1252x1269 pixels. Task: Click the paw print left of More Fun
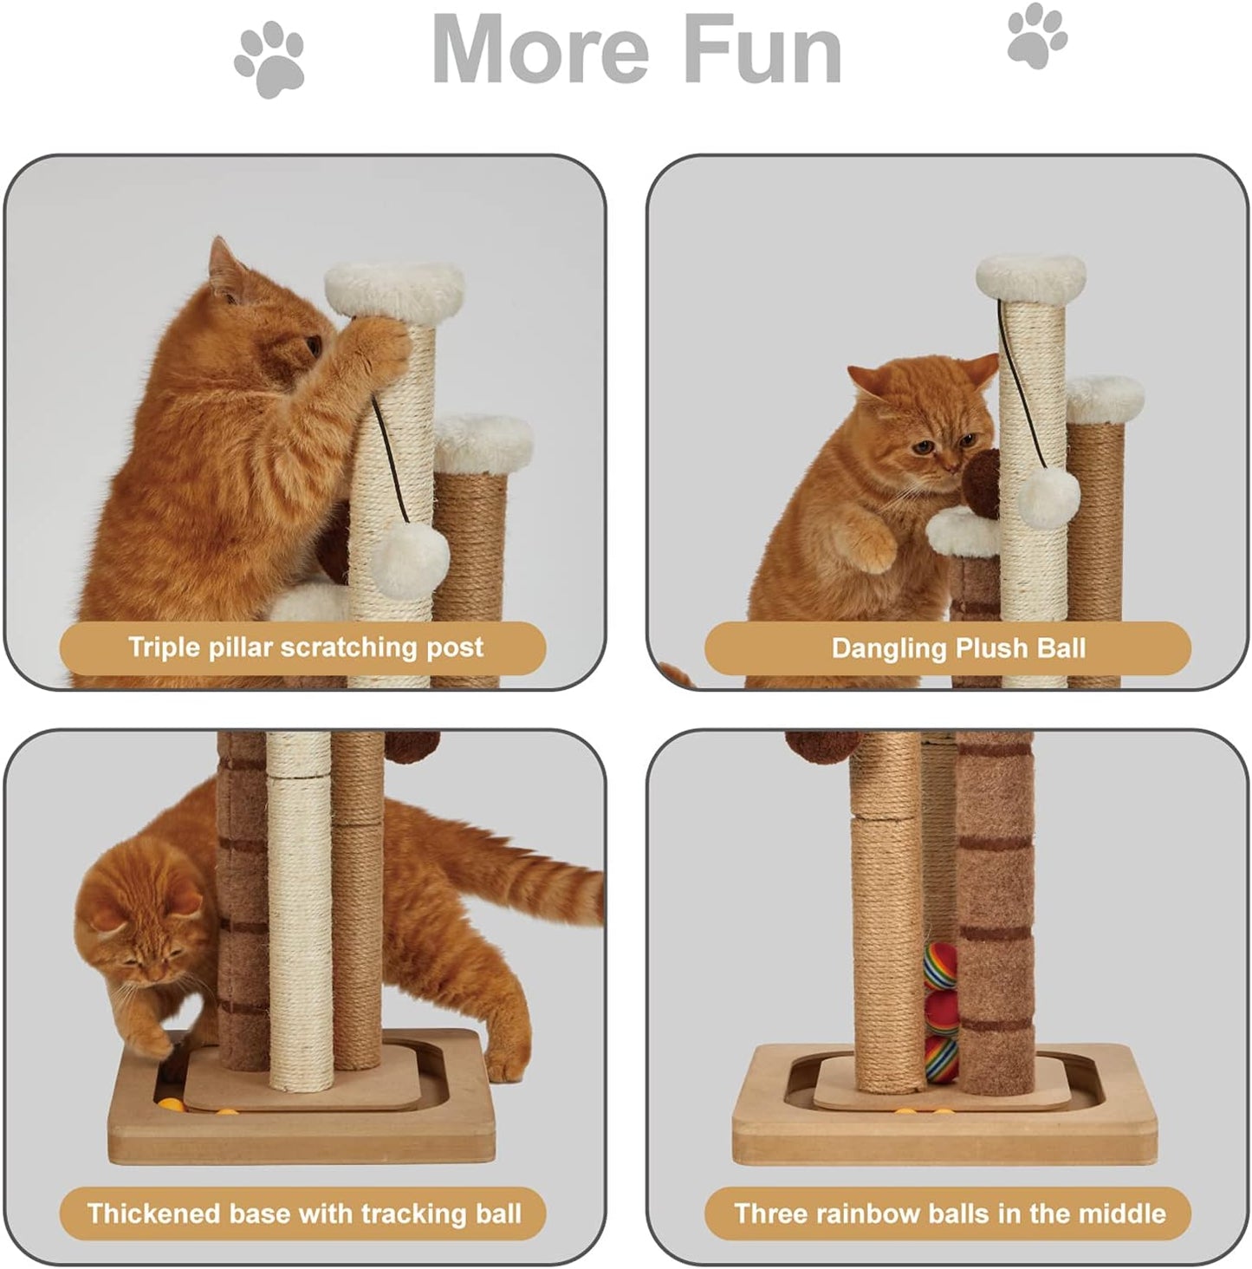269,61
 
